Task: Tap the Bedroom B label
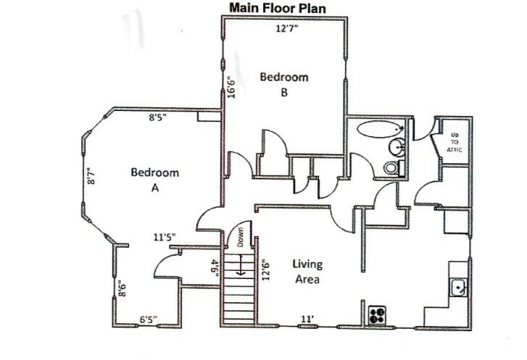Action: tap(284, 84)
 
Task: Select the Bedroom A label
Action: tap(154, 180)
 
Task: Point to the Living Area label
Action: tap(307, 270)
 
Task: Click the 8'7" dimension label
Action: tap(91, 177)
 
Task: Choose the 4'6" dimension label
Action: tap(215, 268)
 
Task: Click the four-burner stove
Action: tap(376, 315)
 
